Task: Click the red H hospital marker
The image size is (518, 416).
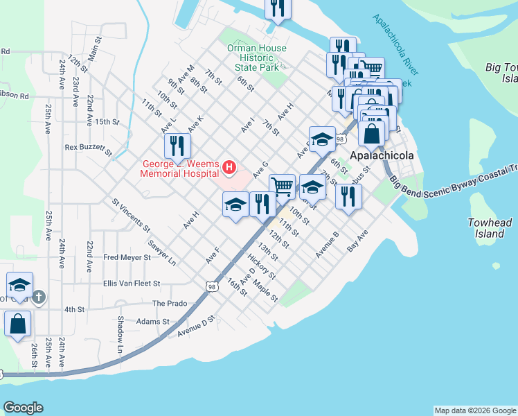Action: (x=229, y=167)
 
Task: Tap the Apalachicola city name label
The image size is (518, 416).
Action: (x=382, y=155)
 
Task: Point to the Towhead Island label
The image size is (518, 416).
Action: (x=490, y=228)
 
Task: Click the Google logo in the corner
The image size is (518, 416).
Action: (x=23, y=408)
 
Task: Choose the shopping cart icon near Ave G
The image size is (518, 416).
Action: (x=281, y=186)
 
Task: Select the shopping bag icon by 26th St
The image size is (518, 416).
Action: (x=17, y=323)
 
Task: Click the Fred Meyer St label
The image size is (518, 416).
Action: (x=127, y=257)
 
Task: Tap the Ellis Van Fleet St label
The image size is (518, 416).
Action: (x=131, y=284)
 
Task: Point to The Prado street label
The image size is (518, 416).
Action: (x=170, y=304)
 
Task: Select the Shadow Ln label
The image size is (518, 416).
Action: (x=120, y=329)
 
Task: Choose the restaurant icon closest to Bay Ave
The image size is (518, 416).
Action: (x=348, y=196)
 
